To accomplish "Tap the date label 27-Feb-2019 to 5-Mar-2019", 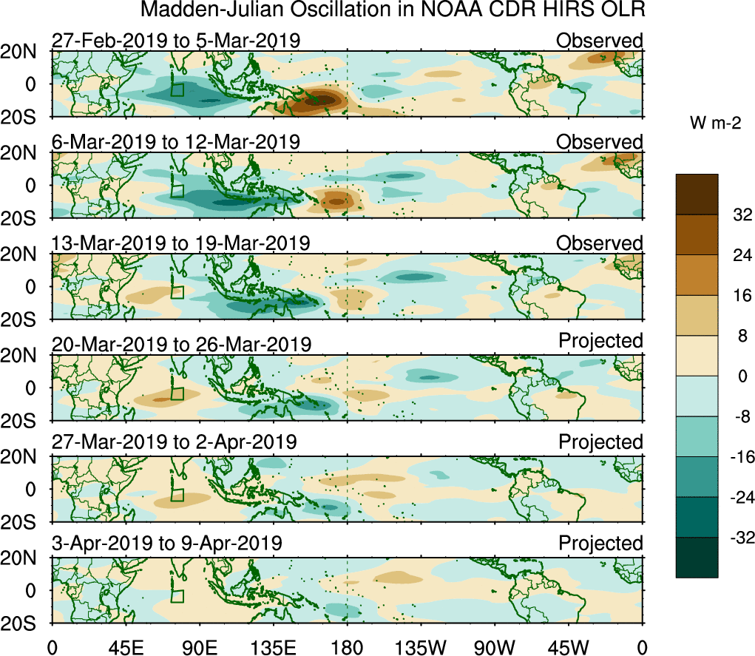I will point(176,41).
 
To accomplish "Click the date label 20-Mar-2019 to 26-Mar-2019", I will point(181,344).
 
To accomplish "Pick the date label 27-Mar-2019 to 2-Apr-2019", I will point(175,442).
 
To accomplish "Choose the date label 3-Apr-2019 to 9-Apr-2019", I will point(167,543).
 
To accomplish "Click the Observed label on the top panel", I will point(600,41).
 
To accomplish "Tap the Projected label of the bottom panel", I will point(600,544).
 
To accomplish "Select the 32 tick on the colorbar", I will point(737,215).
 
